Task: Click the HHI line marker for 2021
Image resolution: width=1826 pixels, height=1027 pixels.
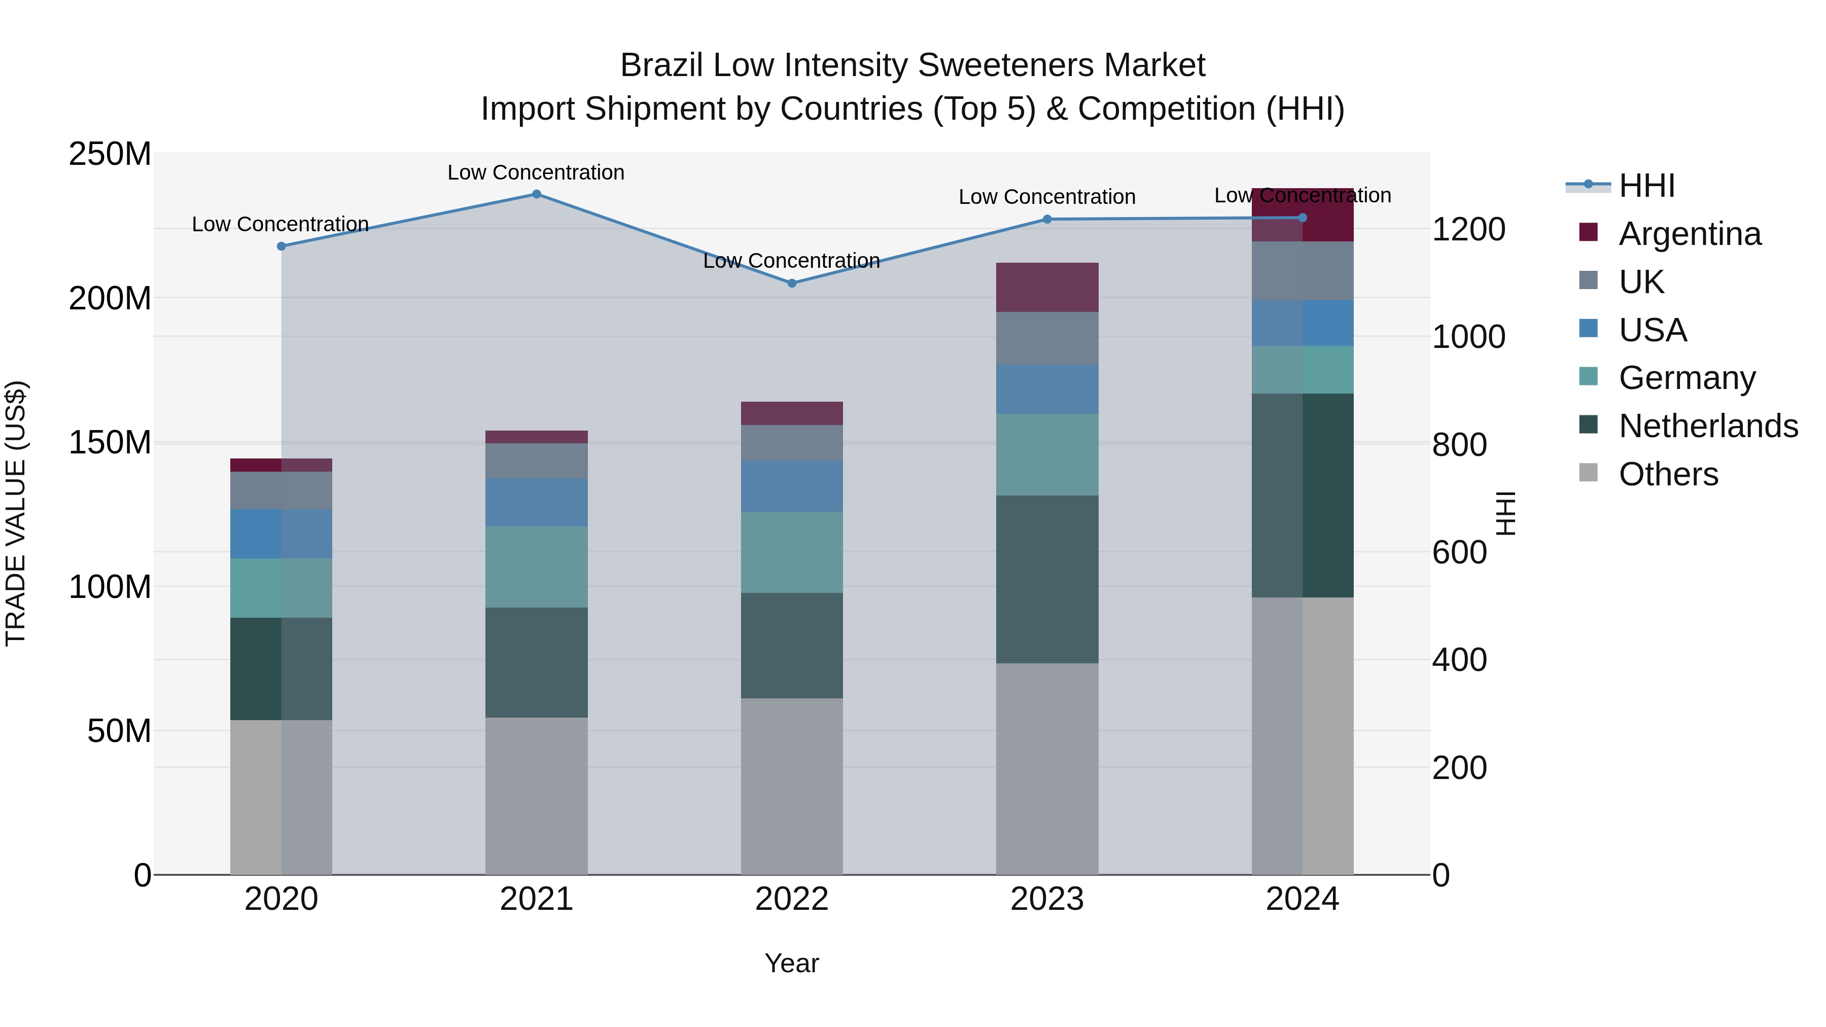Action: (537, 194)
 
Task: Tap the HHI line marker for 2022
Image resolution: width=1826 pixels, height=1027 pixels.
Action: (792, 283)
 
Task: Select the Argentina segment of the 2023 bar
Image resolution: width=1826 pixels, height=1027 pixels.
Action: (1047, 287)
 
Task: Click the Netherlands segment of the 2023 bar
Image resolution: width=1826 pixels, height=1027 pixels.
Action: (1047, 579)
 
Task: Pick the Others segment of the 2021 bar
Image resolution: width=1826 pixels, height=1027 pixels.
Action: (537, 796)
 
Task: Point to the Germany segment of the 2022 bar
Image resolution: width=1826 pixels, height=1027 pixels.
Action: (792, 552)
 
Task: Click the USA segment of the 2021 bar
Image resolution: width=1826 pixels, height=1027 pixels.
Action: (537, 502)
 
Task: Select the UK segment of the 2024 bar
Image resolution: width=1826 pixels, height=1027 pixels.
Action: (1302, 271)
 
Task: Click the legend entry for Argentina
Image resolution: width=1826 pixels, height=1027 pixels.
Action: (1689, 234)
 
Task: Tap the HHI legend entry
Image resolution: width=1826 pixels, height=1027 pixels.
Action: (1646, 186)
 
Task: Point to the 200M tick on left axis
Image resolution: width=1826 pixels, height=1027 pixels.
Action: (110, 298)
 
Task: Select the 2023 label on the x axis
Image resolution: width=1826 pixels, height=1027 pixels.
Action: (1047, 899)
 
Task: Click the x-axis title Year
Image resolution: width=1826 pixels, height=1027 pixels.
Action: (792, 963)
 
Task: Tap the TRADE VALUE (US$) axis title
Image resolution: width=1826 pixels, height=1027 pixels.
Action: (16, 513)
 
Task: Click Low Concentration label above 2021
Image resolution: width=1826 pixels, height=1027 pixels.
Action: (536, 172)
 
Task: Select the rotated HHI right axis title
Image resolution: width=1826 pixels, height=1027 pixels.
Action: (1505, 513)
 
